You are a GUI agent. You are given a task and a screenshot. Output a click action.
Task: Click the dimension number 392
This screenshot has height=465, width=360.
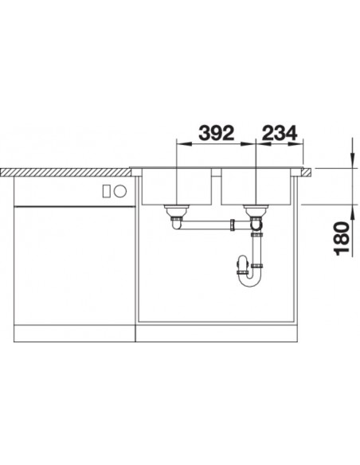pos(217,133)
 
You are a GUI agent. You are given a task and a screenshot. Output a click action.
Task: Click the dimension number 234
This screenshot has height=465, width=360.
pos(280,133)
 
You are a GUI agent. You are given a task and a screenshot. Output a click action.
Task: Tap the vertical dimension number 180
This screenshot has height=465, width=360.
pos(342,238)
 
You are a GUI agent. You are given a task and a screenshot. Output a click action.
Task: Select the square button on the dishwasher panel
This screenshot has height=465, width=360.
pos(107,190)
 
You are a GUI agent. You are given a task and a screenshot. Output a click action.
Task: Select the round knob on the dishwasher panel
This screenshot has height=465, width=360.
pos(120,190)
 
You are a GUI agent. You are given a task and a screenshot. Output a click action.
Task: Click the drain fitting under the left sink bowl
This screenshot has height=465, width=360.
pos(177,211)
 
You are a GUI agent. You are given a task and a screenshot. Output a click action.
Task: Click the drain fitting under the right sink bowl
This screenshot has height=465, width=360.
pos(256,211)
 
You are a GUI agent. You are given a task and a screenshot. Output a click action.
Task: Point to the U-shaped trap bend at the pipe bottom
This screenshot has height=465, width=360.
pos(251,281)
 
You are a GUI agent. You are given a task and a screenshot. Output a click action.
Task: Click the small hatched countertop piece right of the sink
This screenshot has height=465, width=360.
pos(305,172)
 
